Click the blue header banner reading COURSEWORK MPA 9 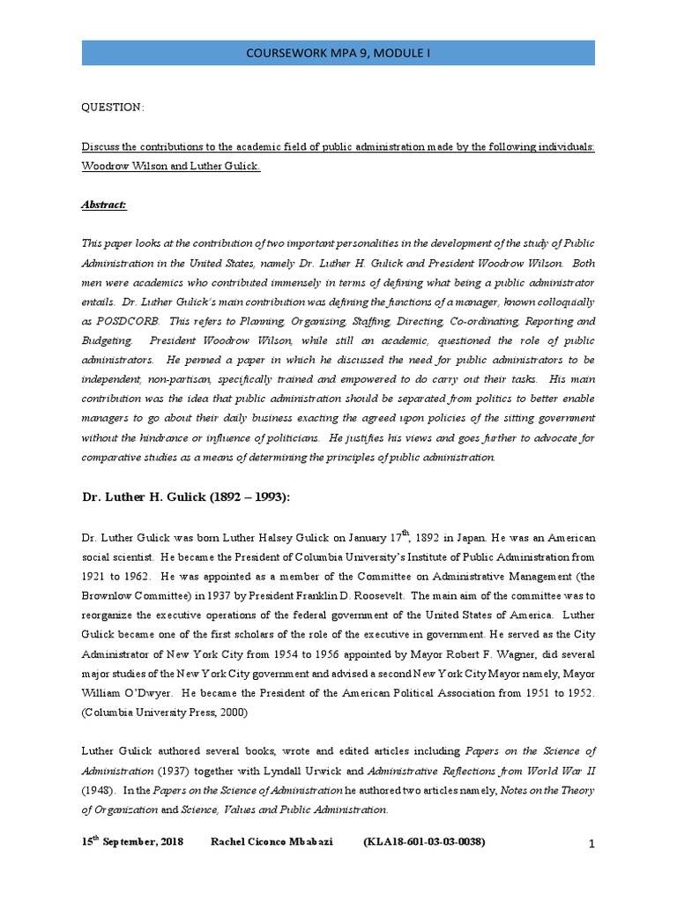(338, 52)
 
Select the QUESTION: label (113, 107)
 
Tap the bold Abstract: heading (104, 204)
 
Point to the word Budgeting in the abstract (108, 340)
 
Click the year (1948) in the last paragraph (97, 790)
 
